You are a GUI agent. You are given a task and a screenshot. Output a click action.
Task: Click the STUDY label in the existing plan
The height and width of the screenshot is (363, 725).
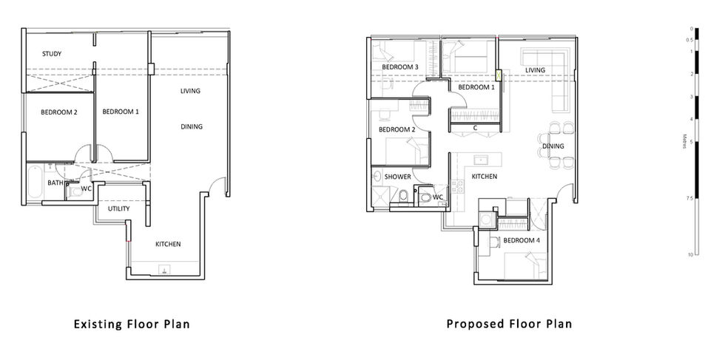52,53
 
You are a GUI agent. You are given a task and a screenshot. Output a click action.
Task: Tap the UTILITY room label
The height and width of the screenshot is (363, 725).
119,208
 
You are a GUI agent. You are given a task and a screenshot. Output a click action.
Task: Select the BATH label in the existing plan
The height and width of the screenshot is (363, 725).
55,183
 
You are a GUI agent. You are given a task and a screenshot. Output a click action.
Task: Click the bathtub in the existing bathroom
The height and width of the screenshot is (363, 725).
34,183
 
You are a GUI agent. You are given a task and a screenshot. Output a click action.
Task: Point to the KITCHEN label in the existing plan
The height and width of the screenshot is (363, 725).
168,244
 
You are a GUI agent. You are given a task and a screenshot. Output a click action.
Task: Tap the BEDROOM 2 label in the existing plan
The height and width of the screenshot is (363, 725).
59,112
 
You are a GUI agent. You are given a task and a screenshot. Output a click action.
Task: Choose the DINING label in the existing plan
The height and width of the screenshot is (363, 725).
192,126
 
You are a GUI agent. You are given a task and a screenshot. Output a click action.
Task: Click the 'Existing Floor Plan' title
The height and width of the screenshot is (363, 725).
132,324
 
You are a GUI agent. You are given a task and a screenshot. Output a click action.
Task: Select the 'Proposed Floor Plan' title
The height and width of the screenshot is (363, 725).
509,324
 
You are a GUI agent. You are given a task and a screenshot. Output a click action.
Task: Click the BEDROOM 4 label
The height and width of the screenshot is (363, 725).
522,240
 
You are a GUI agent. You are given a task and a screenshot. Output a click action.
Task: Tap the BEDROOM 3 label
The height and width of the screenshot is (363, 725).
400,67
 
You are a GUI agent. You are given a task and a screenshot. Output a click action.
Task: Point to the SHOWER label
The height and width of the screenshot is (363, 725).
398,177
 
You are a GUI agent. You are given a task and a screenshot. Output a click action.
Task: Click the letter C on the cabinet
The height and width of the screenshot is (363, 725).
475,128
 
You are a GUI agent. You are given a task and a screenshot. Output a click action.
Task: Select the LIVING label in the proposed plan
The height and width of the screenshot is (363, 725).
535,70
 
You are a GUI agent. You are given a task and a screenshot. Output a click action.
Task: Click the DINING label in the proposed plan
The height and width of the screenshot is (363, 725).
553,146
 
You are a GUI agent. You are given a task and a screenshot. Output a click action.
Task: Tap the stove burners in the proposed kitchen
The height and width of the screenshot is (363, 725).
457,186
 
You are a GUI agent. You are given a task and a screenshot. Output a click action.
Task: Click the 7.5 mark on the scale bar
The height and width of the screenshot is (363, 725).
689,198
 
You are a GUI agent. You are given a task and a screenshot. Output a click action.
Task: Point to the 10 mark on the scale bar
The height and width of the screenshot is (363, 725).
690,254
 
